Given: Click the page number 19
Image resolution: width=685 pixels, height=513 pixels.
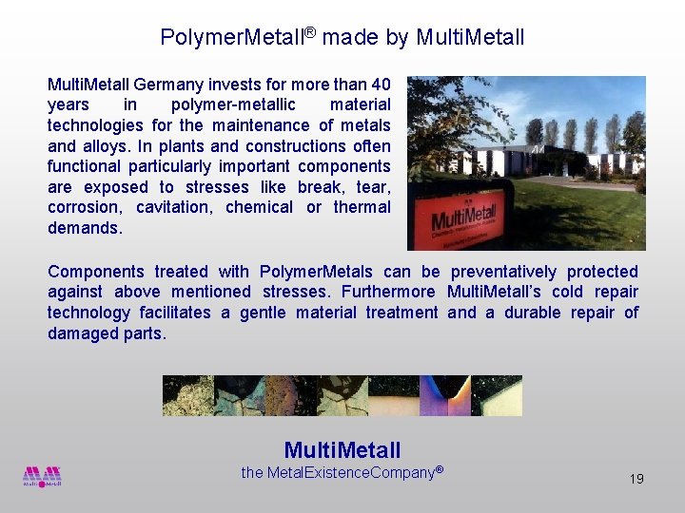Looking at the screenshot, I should [x=636, y=479].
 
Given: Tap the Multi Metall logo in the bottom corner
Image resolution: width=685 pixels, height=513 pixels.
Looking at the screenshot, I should [x=42, y=476].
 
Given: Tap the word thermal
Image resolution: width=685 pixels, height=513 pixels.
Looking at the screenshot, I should [x=362, y=207].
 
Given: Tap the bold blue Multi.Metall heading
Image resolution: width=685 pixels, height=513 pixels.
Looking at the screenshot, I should [x=342, y=450].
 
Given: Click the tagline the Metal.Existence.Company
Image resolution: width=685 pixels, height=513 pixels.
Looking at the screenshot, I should [x=342, y=472].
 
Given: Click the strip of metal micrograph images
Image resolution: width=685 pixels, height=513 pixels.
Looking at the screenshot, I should [x=342, y=395].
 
